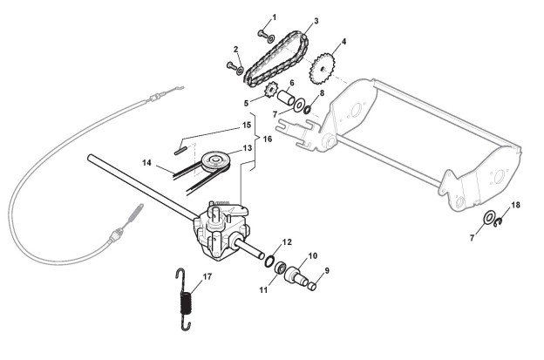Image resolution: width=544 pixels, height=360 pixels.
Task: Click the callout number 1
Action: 274,17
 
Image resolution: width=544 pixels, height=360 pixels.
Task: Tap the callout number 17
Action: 207,278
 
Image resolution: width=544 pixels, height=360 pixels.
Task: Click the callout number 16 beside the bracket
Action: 268,139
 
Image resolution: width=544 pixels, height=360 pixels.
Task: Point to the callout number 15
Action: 247,126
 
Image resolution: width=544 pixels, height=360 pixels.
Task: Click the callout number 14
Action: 146,163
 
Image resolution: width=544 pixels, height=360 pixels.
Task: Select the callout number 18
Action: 515,205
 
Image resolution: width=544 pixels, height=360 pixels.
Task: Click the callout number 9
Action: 327,271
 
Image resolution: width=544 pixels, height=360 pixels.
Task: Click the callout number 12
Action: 287,241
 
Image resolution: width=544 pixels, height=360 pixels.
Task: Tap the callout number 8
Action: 322,92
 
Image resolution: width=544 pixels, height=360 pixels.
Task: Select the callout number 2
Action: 235,49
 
